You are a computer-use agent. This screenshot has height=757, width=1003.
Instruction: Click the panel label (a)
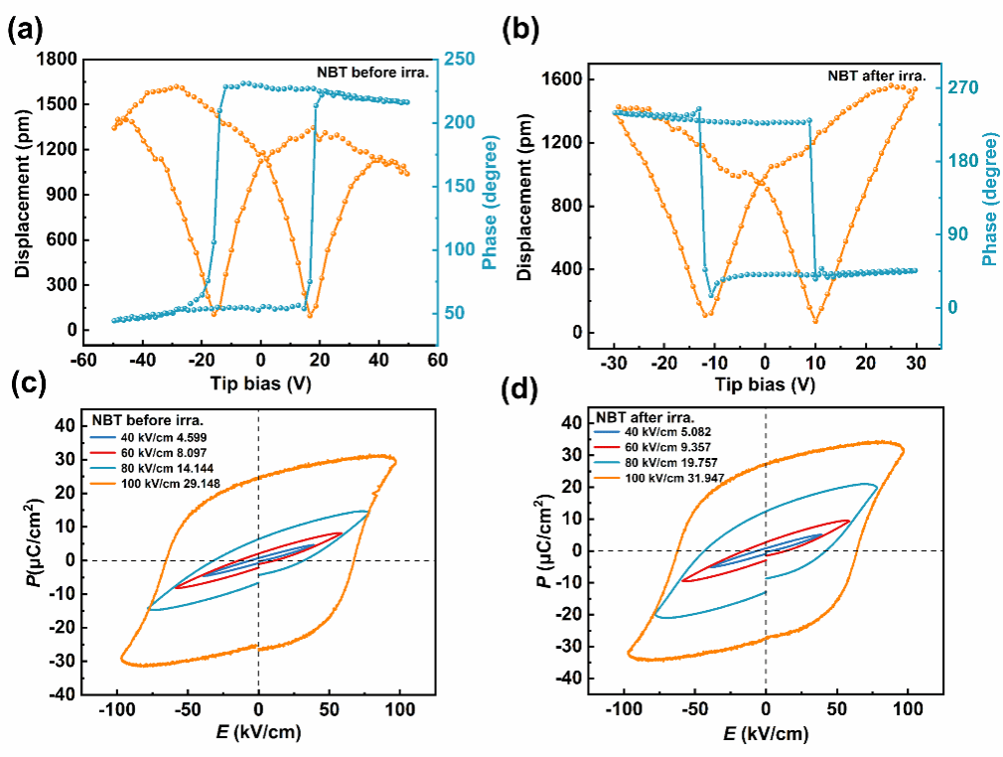pyautogui.click(x=26, y=30)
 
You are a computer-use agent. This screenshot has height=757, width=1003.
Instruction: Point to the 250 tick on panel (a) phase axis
pyautogui.click(x=460, y=59)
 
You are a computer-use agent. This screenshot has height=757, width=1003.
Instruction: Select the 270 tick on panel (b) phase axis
pyautogui.click(x=961, y=87)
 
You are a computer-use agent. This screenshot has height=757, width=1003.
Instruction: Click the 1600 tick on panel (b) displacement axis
pyautogui.click(x=564, y=79)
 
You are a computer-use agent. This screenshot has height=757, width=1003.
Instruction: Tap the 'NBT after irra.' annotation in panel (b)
pyautogui.click(x=877, y=75)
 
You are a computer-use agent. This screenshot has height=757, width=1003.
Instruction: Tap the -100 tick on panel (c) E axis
pyautogui.click(x=117, y=710)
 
